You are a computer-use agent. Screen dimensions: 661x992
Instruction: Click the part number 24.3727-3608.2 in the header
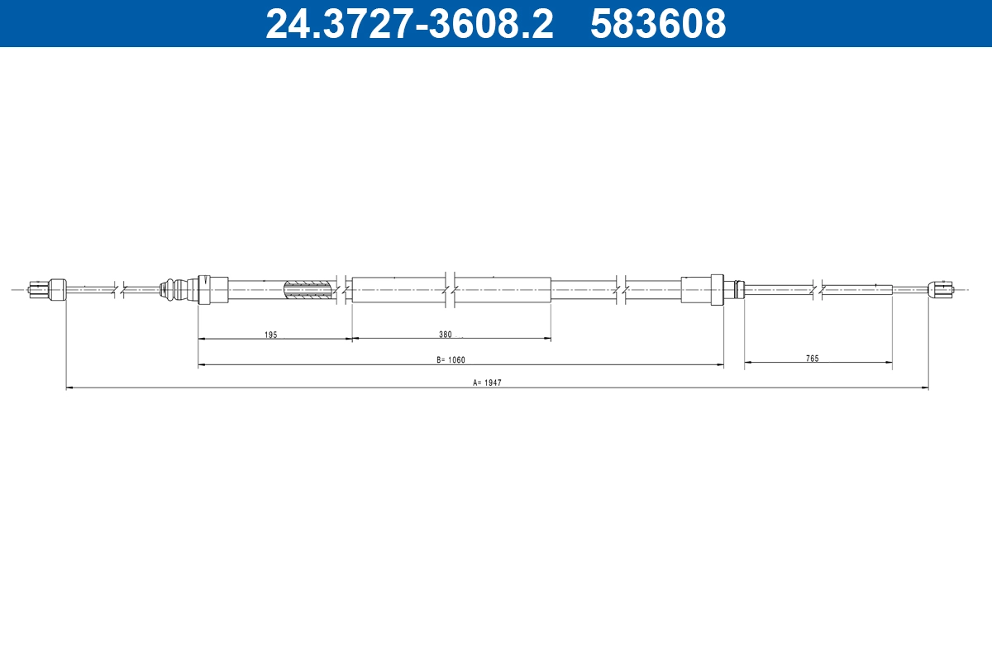409,23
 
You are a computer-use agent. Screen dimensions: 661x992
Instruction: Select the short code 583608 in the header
658,23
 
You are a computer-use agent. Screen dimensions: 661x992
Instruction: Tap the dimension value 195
270,335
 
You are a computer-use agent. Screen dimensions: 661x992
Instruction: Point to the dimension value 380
446,335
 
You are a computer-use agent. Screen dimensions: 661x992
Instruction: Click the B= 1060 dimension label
451,359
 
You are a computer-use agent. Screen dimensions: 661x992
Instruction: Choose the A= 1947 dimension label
487,383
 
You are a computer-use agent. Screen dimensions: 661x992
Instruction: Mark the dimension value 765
813,359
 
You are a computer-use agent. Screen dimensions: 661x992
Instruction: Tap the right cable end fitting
941,289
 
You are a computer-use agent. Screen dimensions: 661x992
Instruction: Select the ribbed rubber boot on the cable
169,289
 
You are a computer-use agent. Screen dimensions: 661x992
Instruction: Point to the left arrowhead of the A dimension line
69,387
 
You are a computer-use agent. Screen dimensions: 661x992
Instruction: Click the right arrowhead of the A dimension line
924,387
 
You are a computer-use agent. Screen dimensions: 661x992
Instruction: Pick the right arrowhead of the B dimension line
720,364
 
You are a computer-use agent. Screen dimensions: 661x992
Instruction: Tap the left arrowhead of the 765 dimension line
749,362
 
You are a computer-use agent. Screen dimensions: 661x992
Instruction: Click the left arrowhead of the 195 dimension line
203,339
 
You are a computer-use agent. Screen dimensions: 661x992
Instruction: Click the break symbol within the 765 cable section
818,289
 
